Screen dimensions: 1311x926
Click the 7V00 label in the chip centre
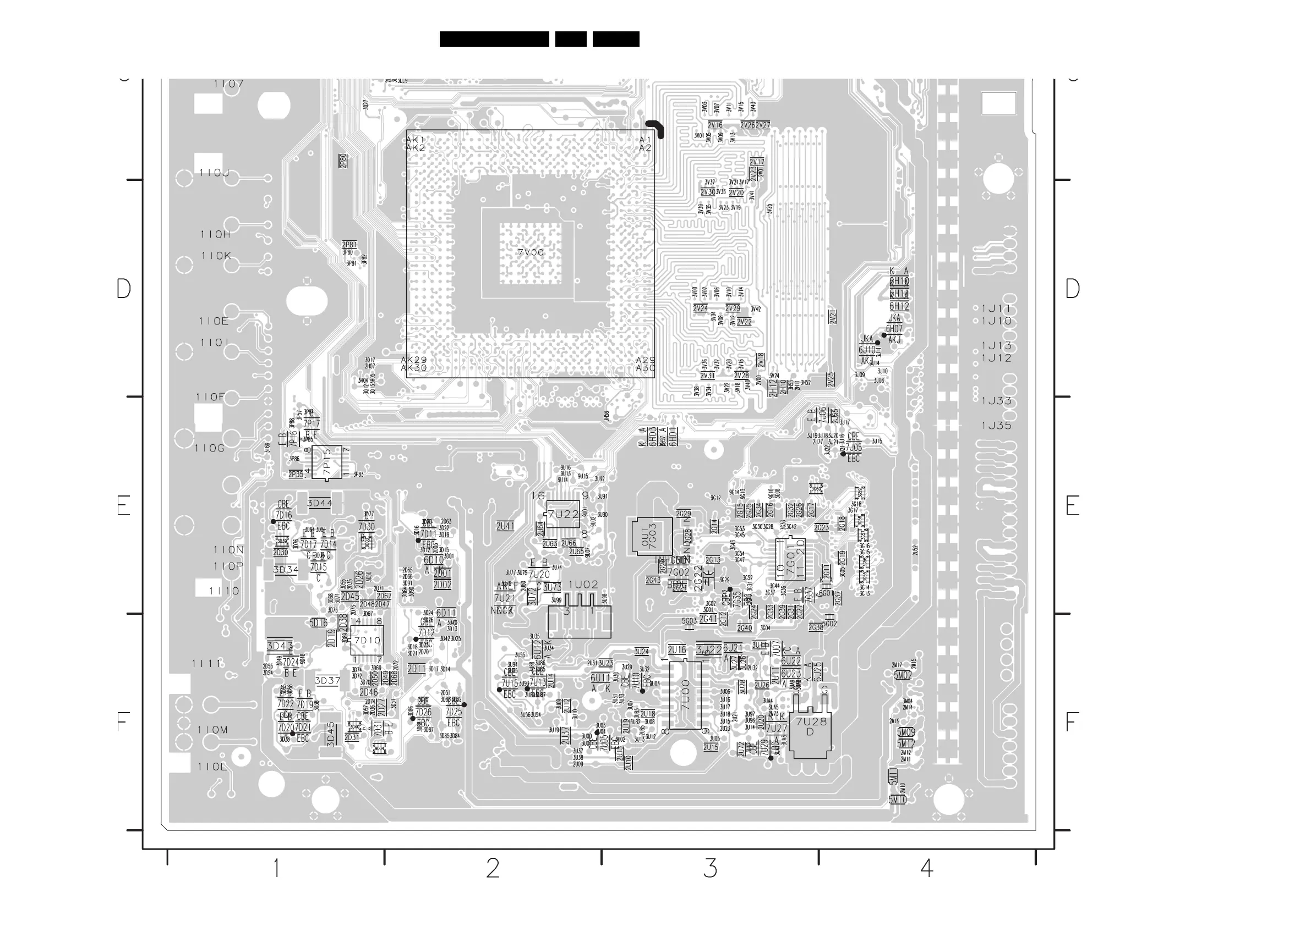point(531,252)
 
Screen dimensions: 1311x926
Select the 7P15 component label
point(326,461)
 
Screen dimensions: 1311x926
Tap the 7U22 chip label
point(564,514)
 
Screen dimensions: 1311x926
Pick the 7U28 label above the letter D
point(811,722)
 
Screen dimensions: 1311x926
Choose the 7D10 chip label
point(367,640)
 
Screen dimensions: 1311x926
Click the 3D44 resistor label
point(320,503)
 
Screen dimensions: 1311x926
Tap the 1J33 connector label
point(996,401)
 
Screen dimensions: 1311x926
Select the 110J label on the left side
point(214,172)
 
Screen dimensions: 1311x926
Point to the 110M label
point(212,730)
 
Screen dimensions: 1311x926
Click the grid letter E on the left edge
point(123,506)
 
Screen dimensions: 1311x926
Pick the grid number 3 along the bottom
point(710,868)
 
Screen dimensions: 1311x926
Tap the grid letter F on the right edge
point(1072,723)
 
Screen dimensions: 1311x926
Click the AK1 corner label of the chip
point(415,140)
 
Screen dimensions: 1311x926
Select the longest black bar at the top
point(494,39)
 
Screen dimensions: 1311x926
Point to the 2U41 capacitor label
point(505,526)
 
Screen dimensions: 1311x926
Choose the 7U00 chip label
point(685,695)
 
